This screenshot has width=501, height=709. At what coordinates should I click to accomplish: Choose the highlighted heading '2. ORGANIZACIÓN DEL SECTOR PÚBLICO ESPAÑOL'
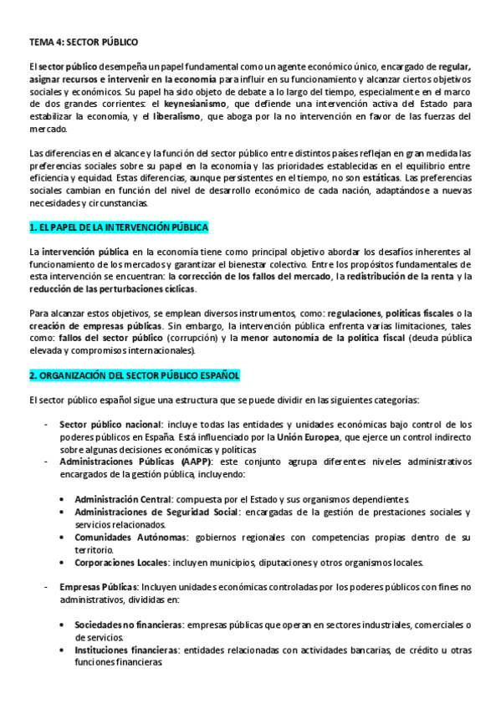134,375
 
